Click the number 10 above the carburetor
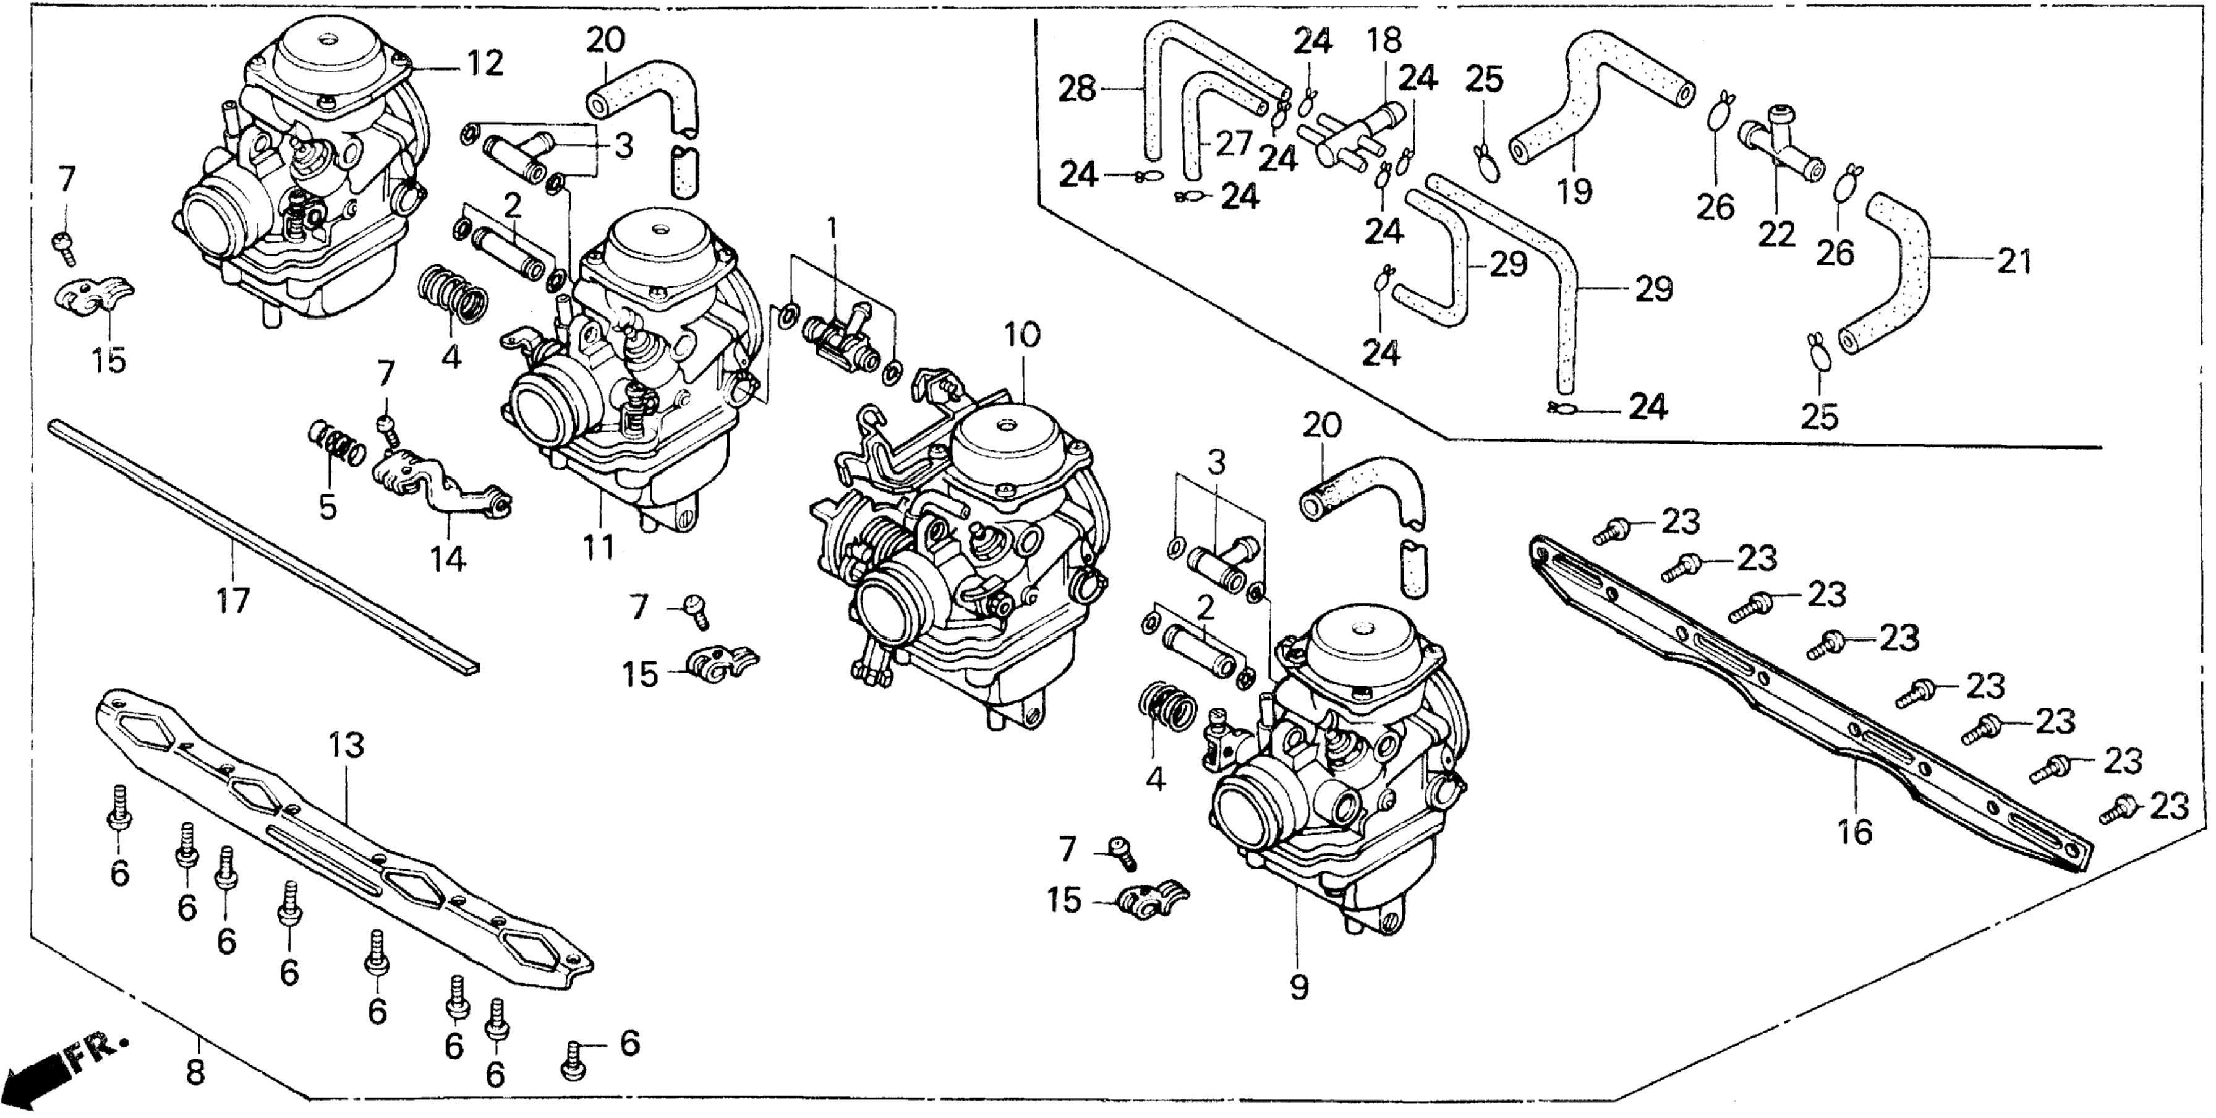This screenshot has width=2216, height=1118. pyautogui.click(x=1022, y=334)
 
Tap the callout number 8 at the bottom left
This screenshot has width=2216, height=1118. pyautogui.click(x=196, y=1073)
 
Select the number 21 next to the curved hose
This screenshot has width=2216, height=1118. pyautogui.click(x=2014, y=260)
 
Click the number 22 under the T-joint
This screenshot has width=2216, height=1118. pyautogui.click(x=1776, y=233)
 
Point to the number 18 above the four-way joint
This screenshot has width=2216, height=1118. pyautogui.click(x=1384, y=40)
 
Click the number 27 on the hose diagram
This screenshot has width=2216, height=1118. pyautogui.click(x=1233, y=143)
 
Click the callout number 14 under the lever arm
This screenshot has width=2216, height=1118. pyautogui.click(x=448, y=559)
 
